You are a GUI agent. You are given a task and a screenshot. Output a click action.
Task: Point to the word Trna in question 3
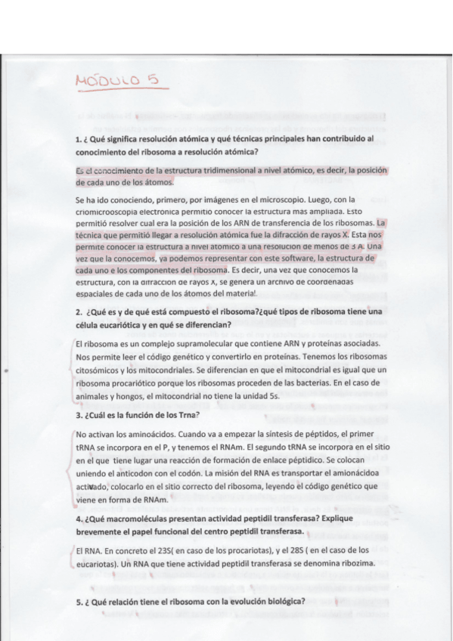point(185,415)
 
